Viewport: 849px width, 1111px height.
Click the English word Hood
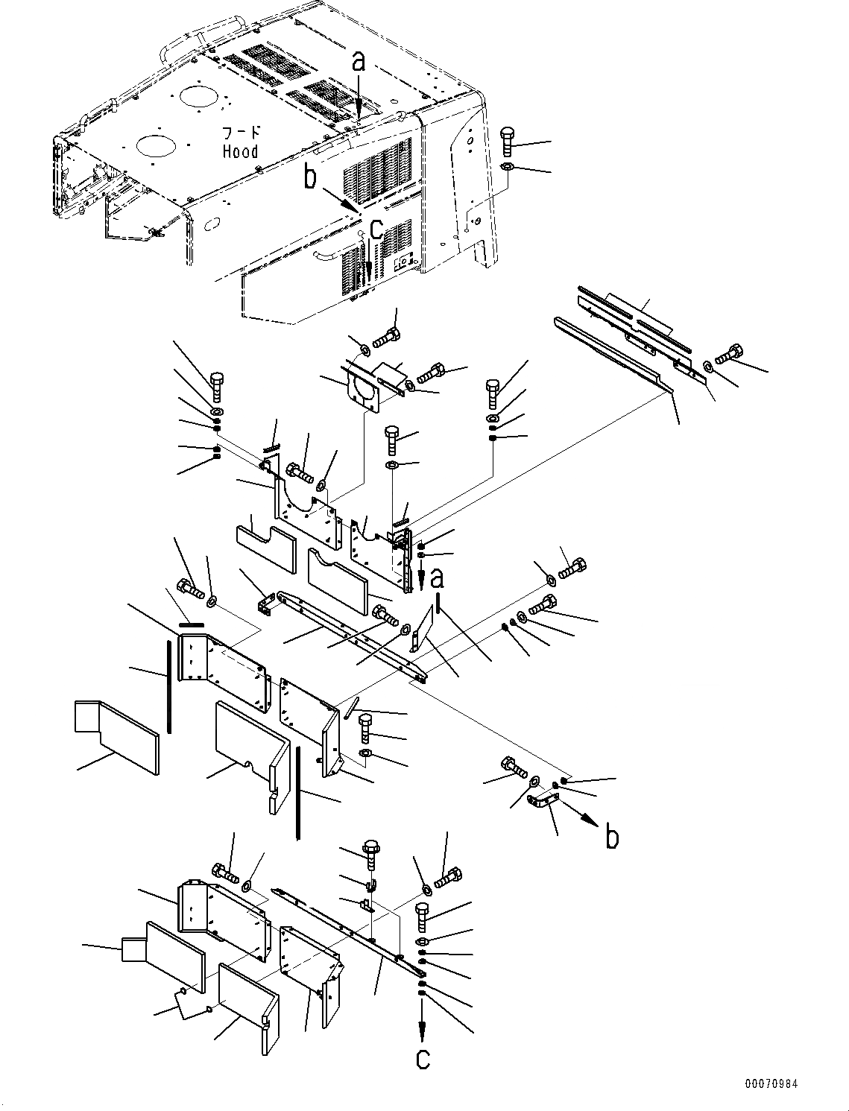click(240, 151)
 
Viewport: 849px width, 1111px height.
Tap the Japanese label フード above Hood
click(241, 133)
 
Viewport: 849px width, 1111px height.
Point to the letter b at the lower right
click(612, 838)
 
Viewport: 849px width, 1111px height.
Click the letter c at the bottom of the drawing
click(423, 1059)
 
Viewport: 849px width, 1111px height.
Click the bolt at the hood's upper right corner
click(508, 141)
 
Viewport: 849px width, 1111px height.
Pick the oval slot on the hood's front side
click(212, 224)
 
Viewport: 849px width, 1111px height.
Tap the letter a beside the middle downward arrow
click(437, 578)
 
